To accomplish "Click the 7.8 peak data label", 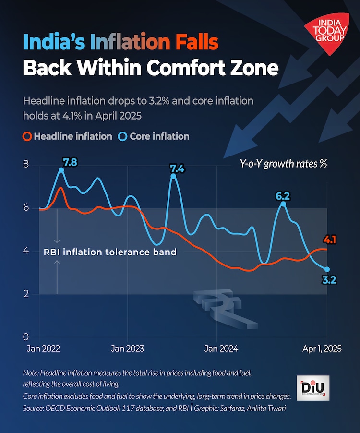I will tap(70, 162).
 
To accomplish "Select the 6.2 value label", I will tap(282, 196).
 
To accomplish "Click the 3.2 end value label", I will tap(328, 279).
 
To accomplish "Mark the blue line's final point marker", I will tap(327, 269).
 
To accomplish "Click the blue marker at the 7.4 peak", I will tap(173, 177).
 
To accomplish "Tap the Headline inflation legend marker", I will tap(27, 136).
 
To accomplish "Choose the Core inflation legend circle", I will tap(121, 136).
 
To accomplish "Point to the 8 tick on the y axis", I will tap(26, 165).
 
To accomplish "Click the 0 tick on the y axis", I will tap(26, 337).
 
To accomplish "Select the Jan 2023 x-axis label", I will tap(127, 349).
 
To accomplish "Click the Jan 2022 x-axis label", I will tap(39, 349).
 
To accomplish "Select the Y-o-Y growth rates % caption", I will tap(284, 163).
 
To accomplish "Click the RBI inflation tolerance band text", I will tap(110, 252).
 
